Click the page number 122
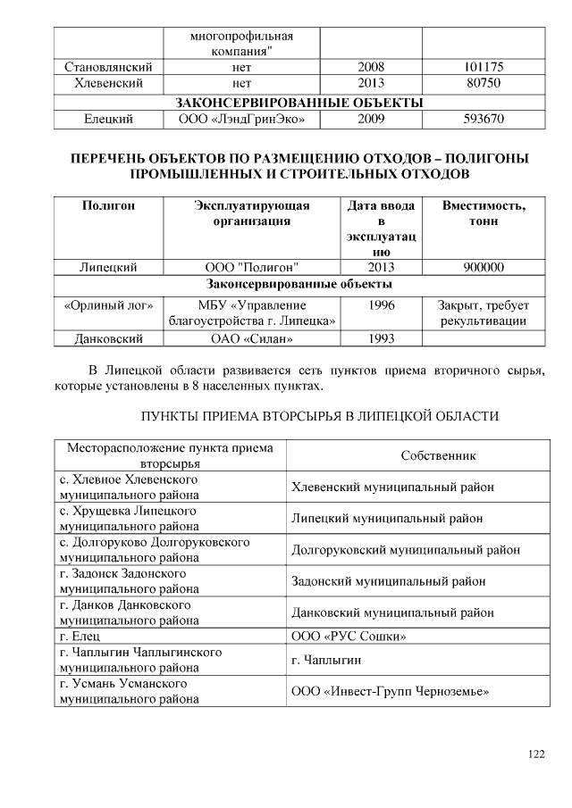click(535, 754)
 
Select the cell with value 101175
click(484, 67)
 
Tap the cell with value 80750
click(484, 83)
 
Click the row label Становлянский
click(108, 67)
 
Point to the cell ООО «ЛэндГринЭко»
click(241, 118)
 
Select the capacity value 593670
click(484, 118)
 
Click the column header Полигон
click(108, 205)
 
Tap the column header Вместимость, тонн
click(484, 213)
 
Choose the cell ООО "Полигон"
click(252, 267)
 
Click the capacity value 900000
click(484, 267)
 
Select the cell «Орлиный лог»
click(108, 304)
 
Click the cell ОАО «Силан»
click(252, 338)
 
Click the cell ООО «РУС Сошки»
click(349, 637)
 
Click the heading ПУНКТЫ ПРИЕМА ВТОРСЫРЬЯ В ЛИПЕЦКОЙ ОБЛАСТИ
click(319, 417)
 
